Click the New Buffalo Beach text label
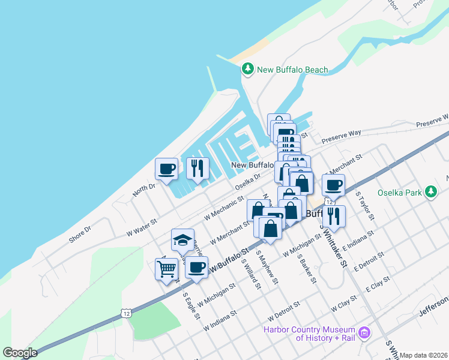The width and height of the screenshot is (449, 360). click(292, 70)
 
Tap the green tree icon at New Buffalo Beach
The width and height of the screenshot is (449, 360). click(247, 70)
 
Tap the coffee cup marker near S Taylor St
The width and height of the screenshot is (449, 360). click(333, 185)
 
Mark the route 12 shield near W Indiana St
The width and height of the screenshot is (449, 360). click(125, 313)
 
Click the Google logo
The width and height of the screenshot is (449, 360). click(20, 353)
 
